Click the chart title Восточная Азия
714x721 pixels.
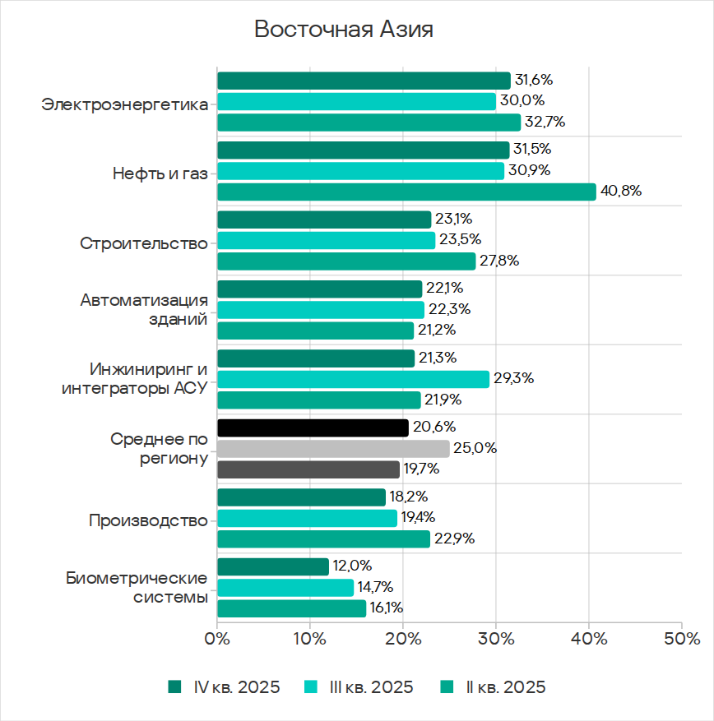pos(343,30)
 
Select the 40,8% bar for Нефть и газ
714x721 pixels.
pos(406,192)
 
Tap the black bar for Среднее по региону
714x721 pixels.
pos(313,428)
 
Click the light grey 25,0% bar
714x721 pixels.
pos(333,449)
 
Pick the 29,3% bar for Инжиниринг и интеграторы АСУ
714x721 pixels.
pos(353,379)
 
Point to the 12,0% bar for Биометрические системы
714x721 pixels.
pos(272,566)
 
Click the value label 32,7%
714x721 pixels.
pos(544,122)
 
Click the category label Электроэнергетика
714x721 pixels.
pos(124,105)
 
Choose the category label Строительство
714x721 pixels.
pos(144,243)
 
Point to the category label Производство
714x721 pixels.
pos(148,521)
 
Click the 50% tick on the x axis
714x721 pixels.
pos(682,639)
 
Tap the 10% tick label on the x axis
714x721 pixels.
pos(310,639)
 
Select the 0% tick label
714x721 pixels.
pos(217,639)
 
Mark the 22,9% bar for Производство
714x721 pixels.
pos(323,538)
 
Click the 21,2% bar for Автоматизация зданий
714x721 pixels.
pos(315,330)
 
